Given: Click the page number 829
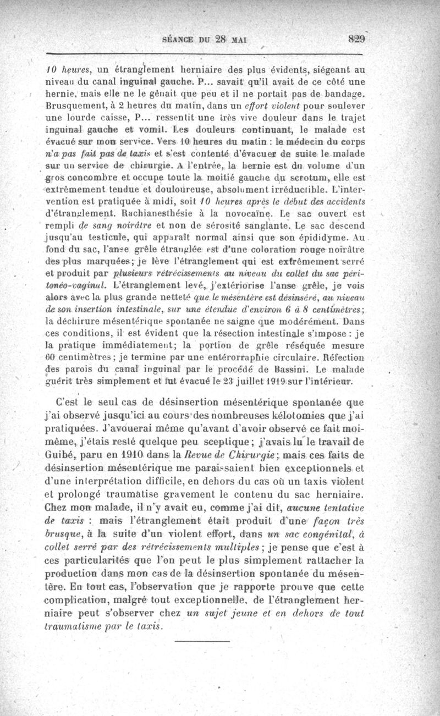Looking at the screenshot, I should click(x=357, y=39).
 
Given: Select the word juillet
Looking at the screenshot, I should click(x=210, y=381).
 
